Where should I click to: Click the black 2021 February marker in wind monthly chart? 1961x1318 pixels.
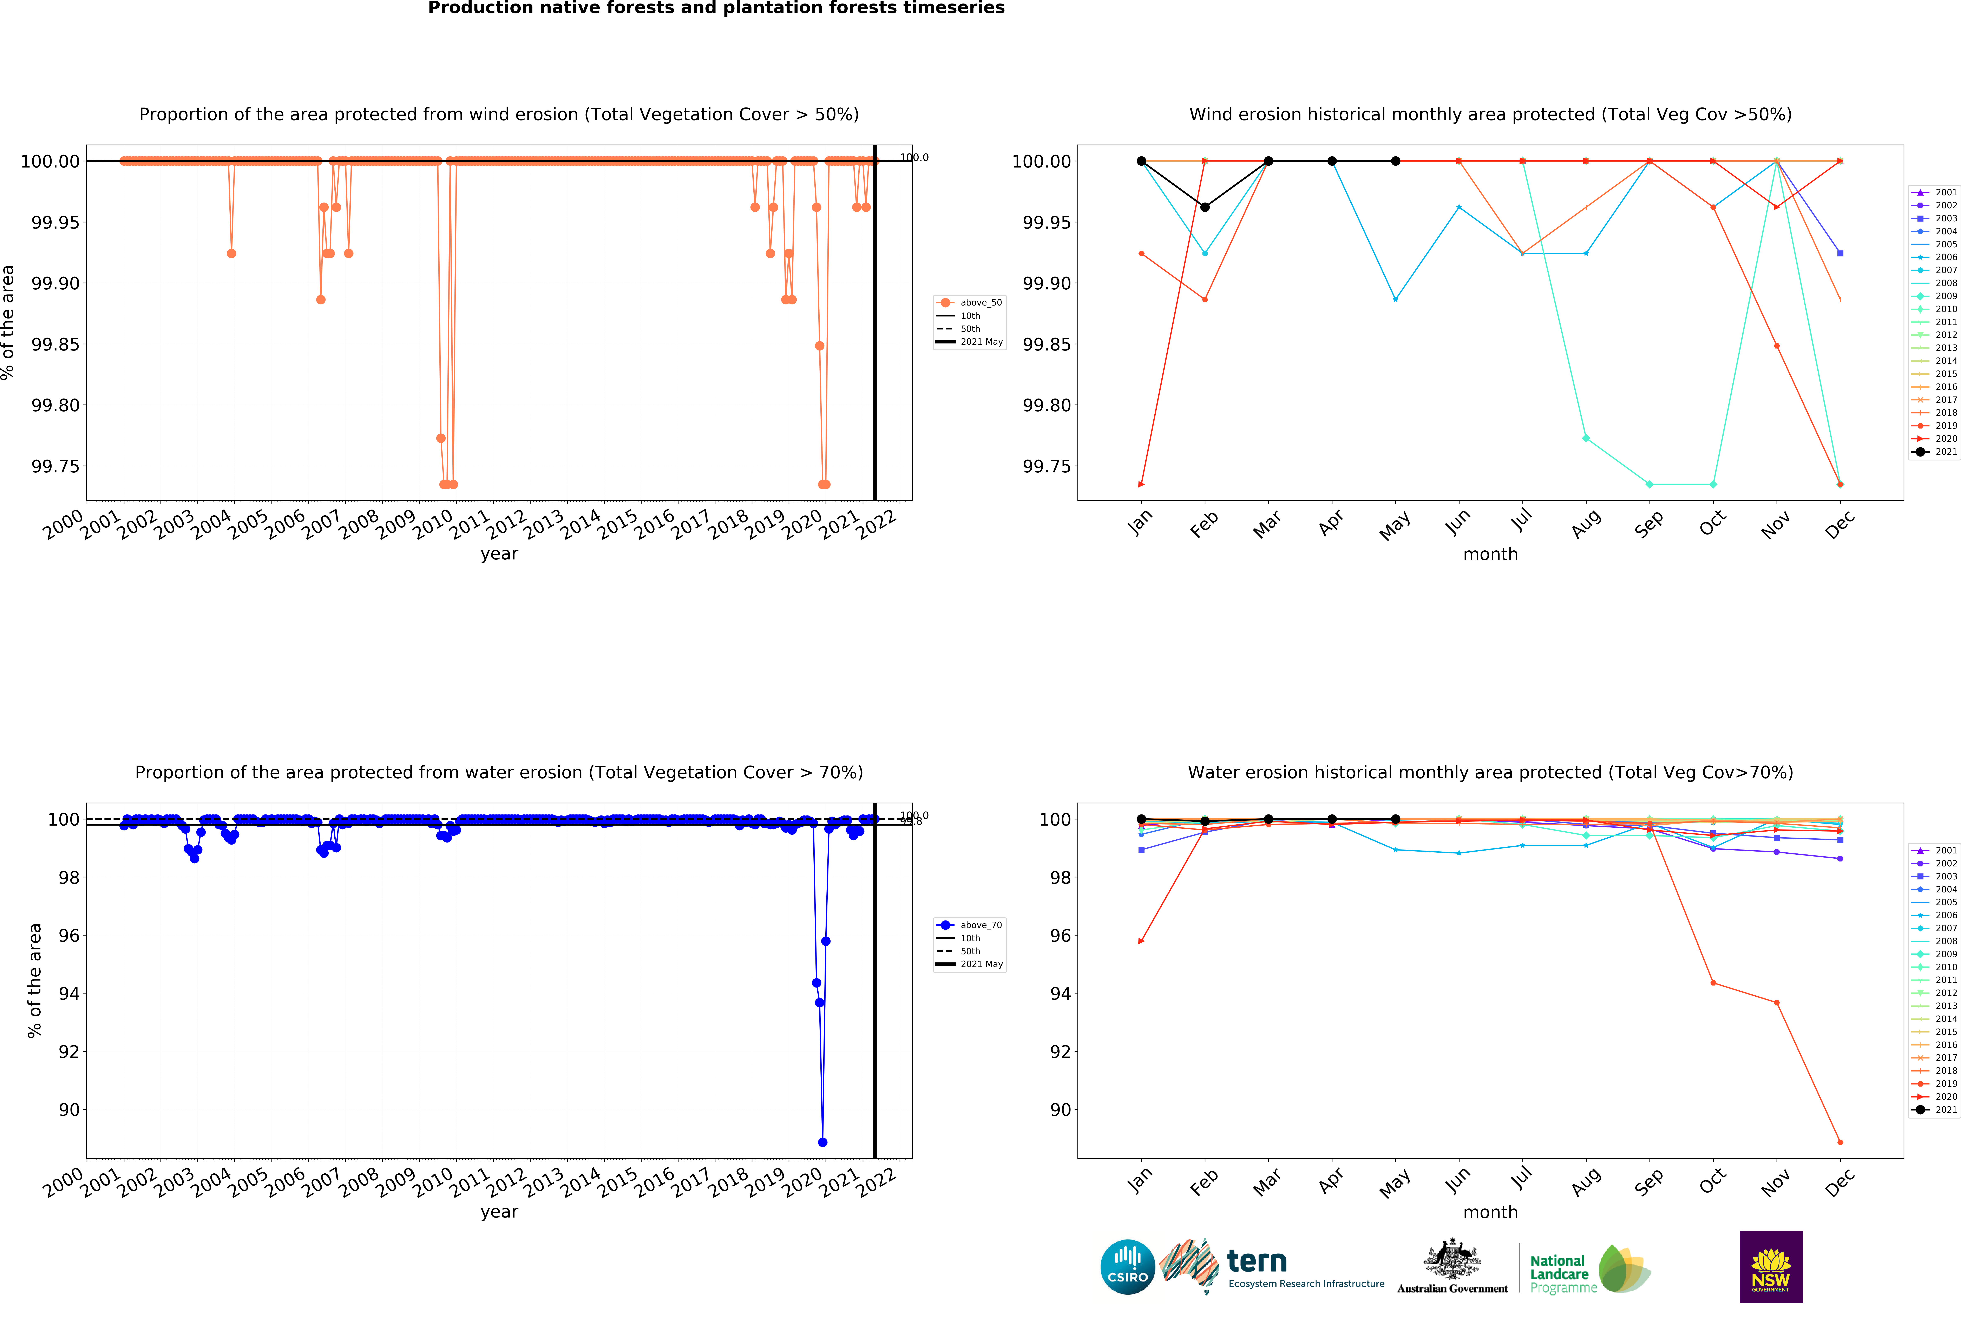[1205, 207]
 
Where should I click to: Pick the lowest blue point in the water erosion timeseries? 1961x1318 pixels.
[822, 1142]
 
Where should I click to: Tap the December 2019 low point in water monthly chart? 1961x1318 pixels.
[1840, 1142]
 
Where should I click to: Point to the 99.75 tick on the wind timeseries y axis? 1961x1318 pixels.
[55, 466]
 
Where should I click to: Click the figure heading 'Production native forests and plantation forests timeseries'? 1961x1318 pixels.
[716, 8]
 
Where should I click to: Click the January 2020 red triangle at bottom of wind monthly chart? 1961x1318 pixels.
[1141, 484]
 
